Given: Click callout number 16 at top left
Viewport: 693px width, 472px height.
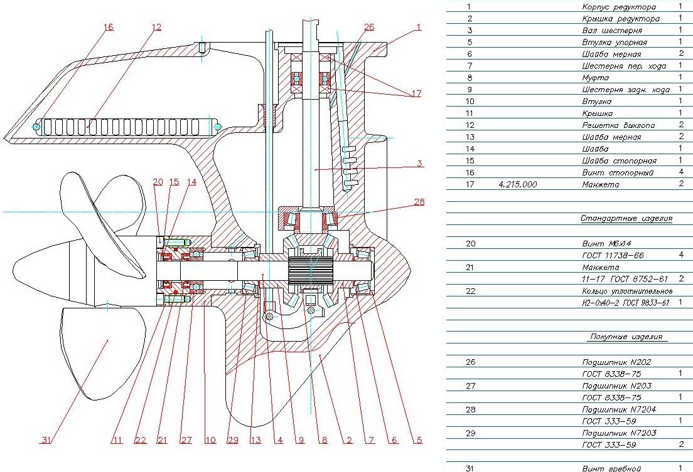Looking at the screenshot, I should point(109,27).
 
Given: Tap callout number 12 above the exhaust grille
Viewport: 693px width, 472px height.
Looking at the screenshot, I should point(156,27).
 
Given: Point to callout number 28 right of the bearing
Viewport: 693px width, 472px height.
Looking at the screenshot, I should point(419,202).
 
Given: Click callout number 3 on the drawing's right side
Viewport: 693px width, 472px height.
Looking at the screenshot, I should point(419,164).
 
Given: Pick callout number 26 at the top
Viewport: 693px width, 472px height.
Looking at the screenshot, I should point(369,27).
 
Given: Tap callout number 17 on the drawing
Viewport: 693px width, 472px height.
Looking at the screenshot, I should point(416,94).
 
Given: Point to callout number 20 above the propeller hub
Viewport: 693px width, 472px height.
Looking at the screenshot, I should point(158,182).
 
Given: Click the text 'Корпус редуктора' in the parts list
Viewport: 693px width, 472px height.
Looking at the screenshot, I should point(618,7).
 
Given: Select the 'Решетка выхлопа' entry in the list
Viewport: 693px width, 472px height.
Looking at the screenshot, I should point(618,125).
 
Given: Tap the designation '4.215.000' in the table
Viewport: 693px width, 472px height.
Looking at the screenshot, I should point(518,184).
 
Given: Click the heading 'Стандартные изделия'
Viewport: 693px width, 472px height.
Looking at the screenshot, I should point(618,218).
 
